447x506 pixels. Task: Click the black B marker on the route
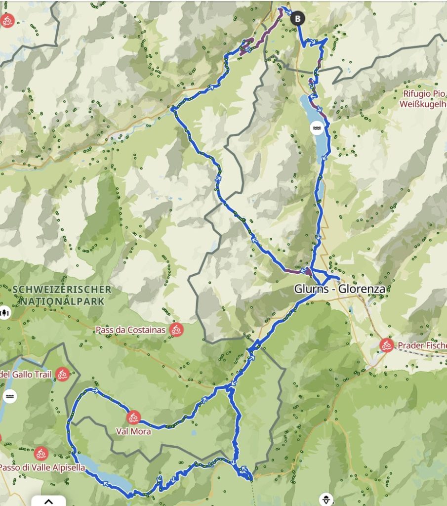coord(297,19)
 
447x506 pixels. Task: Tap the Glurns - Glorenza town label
coord(340,289)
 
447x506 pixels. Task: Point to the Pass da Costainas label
coord(130,330)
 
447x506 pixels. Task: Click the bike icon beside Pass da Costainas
coord(176,330)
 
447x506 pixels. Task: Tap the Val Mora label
coord(133,431)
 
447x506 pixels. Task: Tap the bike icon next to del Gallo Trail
coord(62,374)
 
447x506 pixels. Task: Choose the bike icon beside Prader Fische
coord(387,345)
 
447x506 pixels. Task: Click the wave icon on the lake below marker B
coord(317,128)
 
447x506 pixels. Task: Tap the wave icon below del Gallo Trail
coord(10,396)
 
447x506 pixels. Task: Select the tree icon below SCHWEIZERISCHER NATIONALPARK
coord(5,312)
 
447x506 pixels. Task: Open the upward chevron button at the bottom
coord(48,501)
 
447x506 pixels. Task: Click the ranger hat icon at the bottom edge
coord(326,499)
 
